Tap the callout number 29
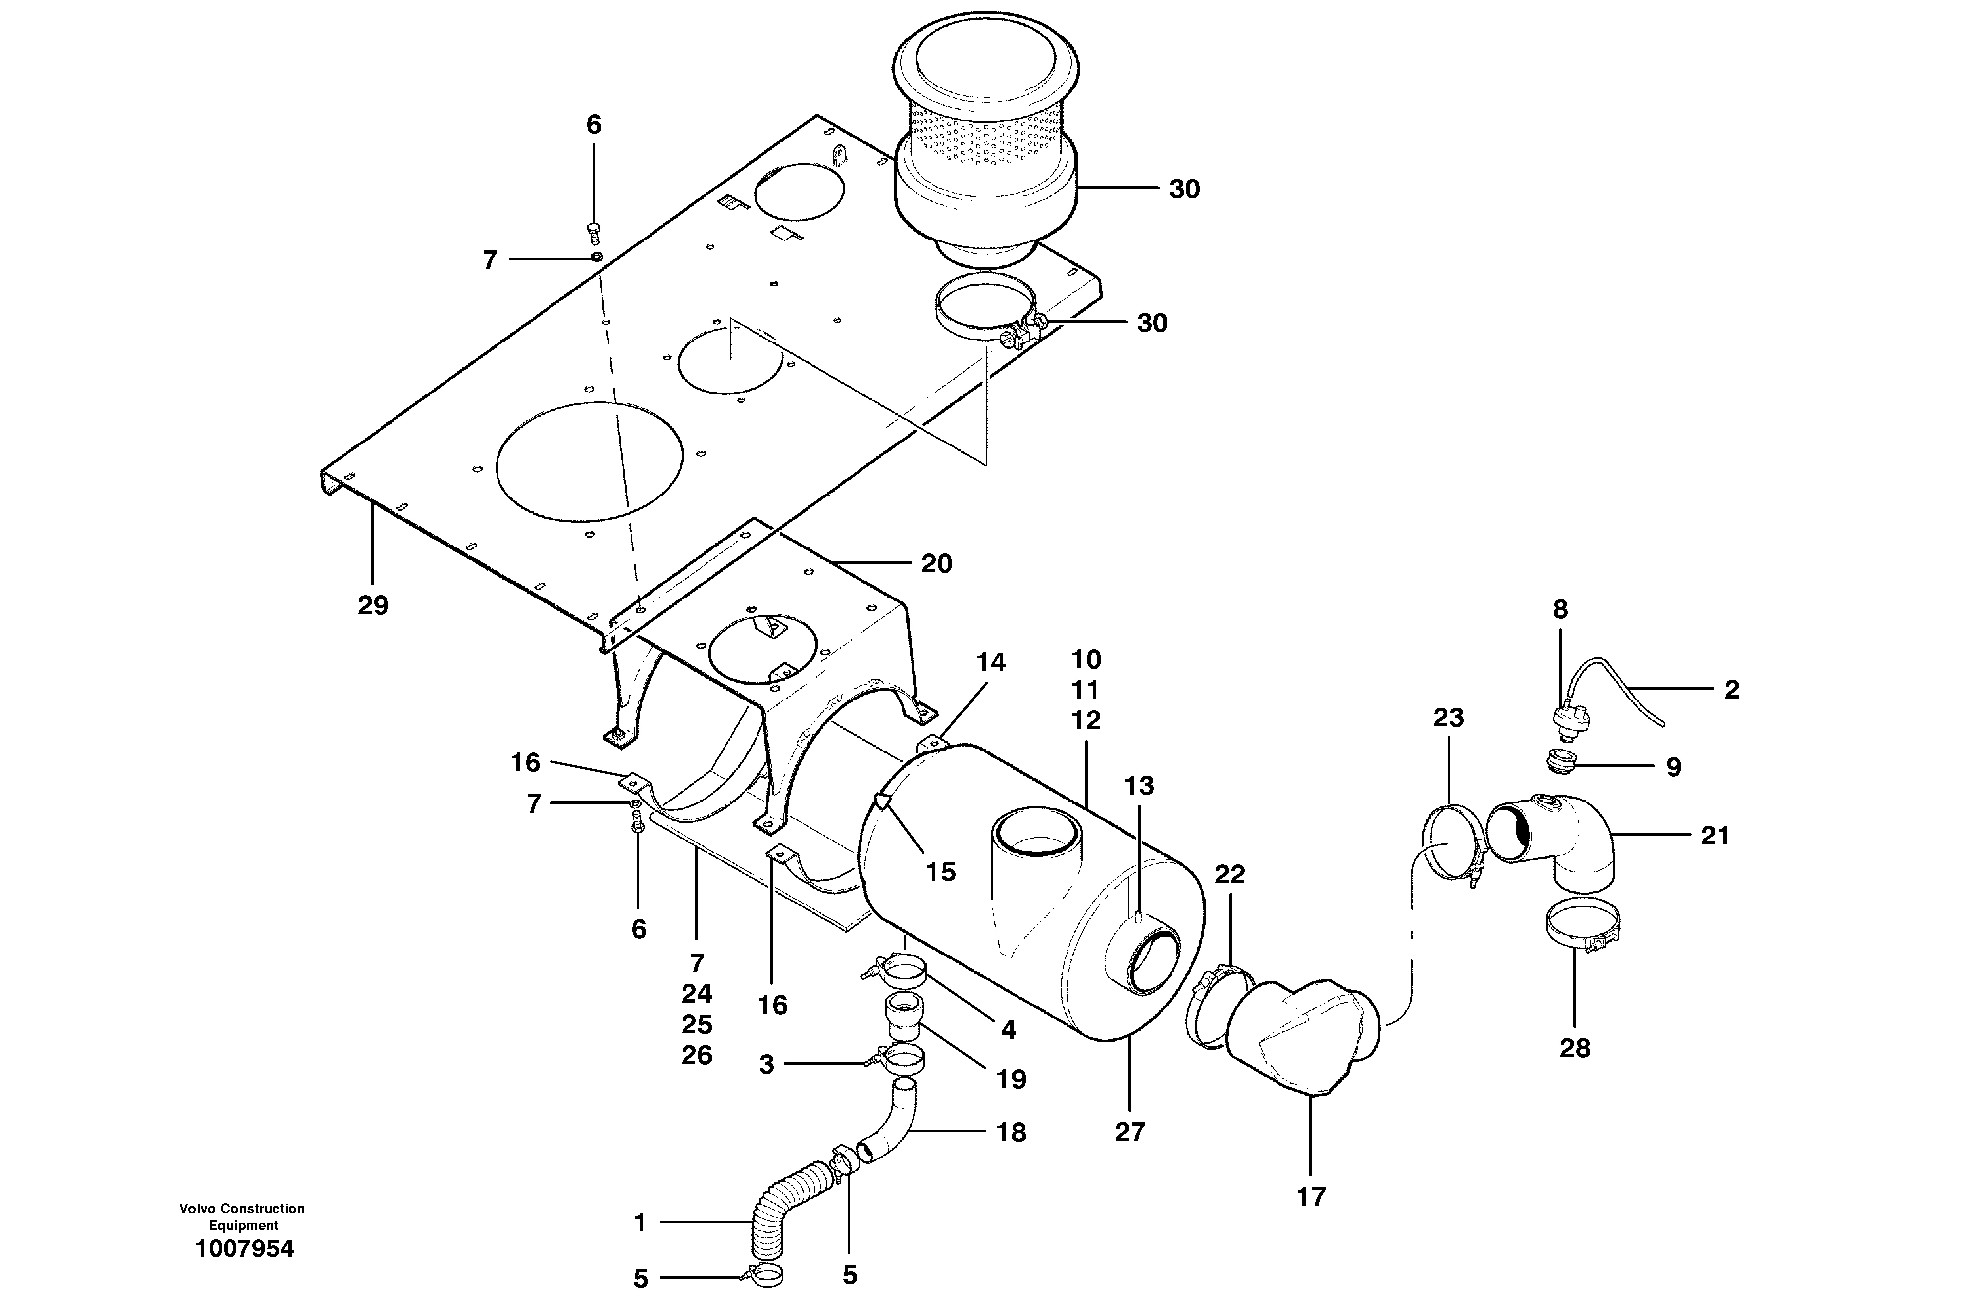373,605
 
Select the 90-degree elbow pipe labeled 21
1556,840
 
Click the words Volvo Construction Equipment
242,1216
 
